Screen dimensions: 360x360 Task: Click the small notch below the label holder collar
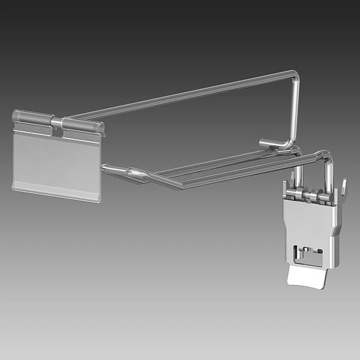(57, 133)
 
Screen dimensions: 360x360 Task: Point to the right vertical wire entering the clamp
(328, 174)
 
